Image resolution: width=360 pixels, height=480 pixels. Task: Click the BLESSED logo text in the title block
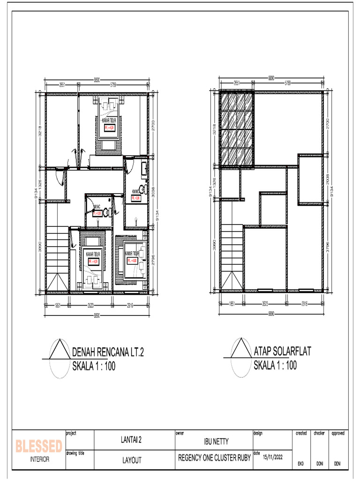point(39,446)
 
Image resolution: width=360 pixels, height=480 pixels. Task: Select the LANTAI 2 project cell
point(135,440)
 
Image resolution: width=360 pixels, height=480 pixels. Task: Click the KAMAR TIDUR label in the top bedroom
point(109,120)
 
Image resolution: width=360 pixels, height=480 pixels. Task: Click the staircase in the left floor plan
point(57,258)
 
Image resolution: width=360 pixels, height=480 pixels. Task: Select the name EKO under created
point(300,464)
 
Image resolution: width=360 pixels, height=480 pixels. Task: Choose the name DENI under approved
point(337,464)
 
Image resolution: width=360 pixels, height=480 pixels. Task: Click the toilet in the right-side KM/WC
point(146,190)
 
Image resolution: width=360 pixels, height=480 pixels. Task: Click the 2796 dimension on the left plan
point(153,258)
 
